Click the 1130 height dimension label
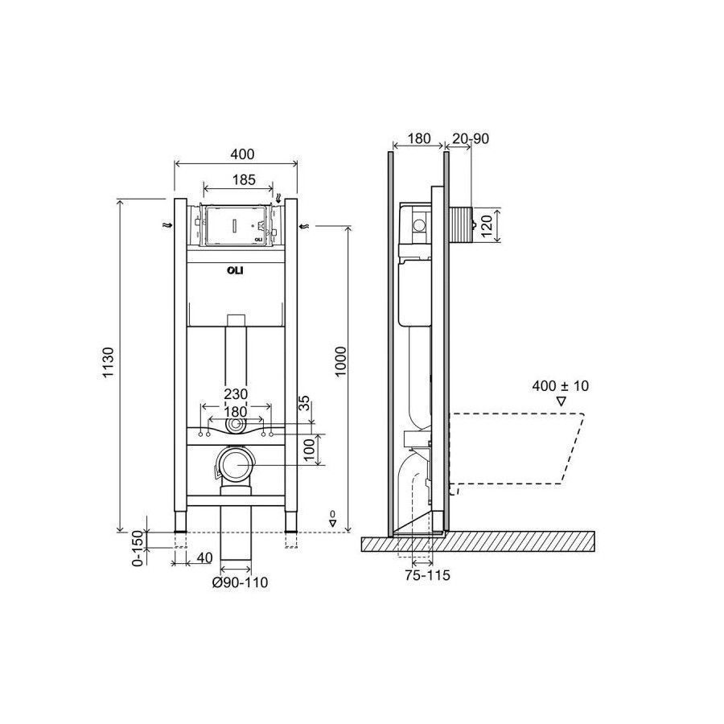pyautogui.click(x=108, y=363)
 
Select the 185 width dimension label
pyautogui.click(x=243, y=179)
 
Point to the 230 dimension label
pyautogui.click(x=236, y=394)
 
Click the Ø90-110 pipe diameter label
pyautogui.click(x=240, y=582)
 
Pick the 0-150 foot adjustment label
pyautogui.click(x=138, y=548)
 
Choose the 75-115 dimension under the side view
pyautogui.click(x=428, y=575)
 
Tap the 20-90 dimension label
pyautogui.click(x=470, y=138)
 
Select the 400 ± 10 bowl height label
pyautogui.click(x=561, y=385)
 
